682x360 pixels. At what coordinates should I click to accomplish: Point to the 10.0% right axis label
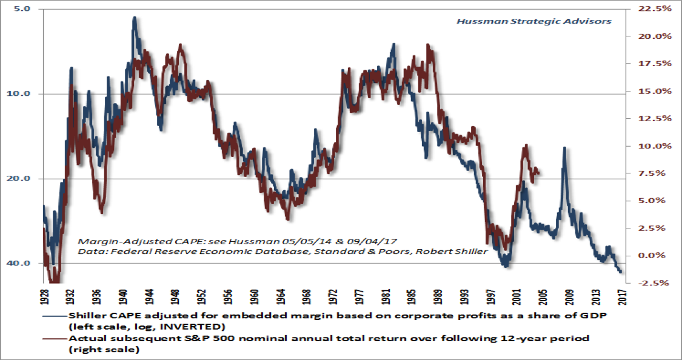(x=655, y=146)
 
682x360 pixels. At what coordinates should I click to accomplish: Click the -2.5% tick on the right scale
(x=655, y=283)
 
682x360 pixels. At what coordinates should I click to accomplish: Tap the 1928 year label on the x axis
(x=44, y=296)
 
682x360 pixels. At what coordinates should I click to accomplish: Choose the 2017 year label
(x=622, y=296)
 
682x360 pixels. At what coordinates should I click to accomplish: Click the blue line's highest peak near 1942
(x=134, y=18)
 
